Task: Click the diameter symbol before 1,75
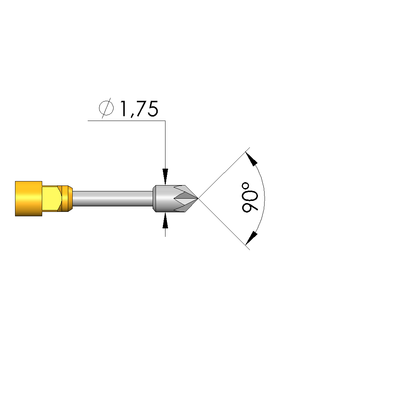[106, 108]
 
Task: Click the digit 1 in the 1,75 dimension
[123, 109]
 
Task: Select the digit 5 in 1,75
[153, 109]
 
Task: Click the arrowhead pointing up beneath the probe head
[165, 221]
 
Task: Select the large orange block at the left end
[29, 199]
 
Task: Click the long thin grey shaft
[113, 199]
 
